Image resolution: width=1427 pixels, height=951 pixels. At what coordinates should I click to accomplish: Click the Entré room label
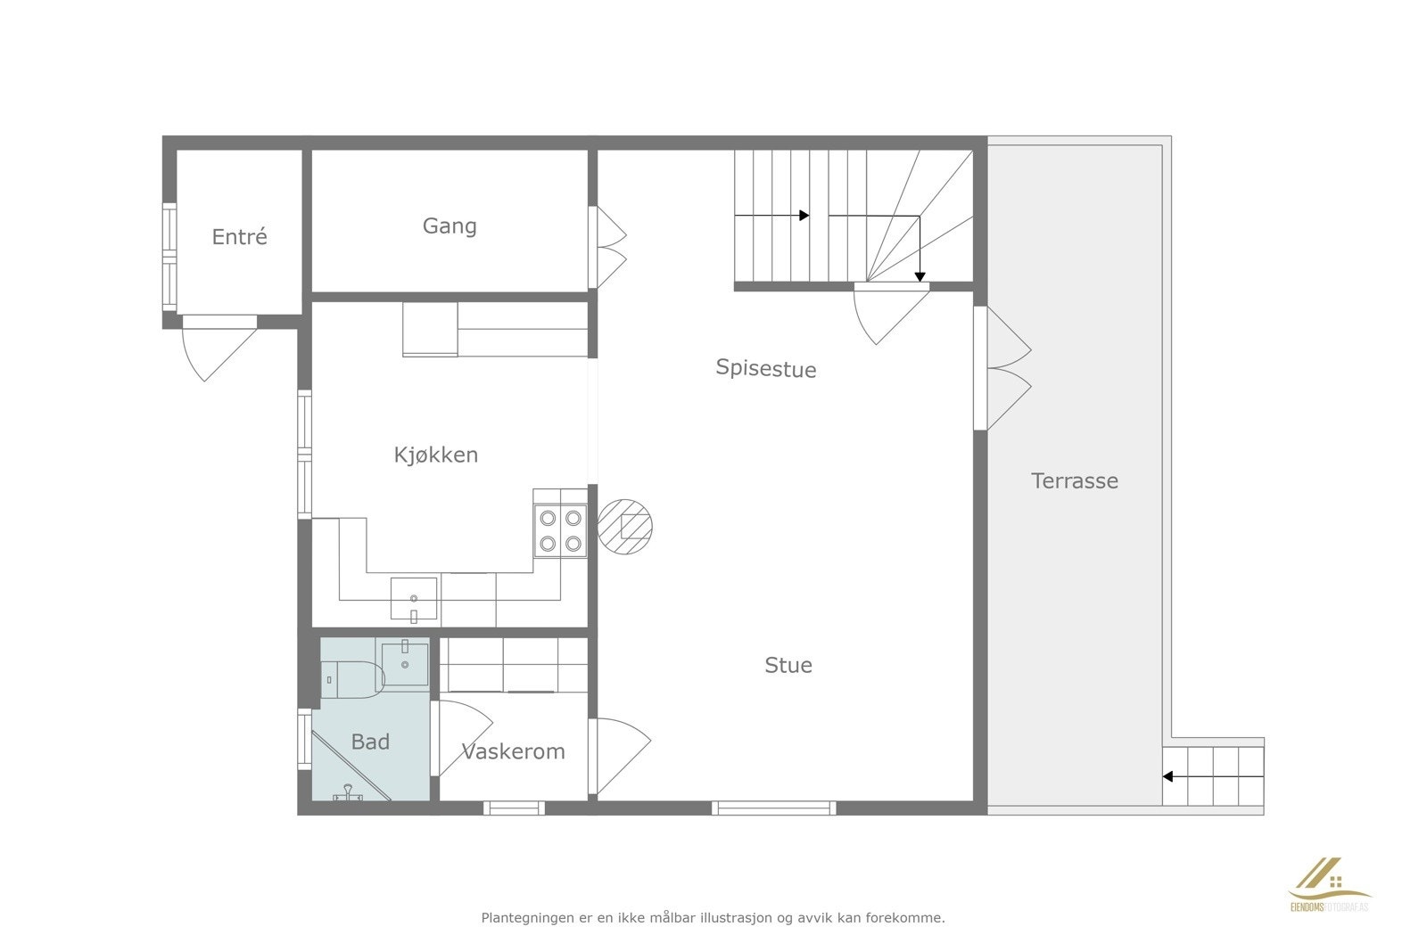239,237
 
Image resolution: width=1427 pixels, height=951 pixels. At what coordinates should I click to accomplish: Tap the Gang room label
450,226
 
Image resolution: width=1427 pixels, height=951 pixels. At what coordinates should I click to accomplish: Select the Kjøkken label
436,455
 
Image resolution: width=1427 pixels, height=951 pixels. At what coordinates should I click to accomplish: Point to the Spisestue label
766,368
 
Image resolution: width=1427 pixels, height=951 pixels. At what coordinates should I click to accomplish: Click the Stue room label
788,665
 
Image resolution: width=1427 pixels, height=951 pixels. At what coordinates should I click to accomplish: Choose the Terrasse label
1074,481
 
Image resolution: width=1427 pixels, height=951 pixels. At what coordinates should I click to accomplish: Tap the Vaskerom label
514,751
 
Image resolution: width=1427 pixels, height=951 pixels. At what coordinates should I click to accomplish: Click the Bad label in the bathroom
370,742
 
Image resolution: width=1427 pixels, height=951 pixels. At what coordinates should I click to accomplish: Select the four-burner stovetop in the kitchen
559,530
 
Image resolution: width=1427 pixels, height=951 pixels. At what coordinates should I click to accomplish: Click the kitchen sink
414,598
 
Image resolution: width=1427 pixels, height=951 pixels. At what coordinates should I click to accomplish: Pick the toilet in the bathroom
351,679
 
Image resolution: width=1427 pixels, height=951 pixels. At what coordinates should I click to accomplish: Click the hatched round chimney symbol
625,526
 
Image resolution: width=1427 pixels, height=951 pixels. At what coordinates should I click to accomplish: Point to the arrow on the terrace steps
1168,776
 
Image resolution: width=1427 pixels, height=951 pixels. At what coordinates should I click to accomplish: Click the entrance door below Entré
212,349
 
